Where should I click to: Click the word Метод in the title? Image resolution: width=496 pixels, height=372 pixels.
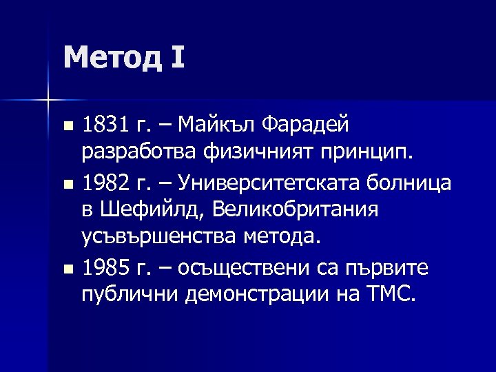(x=112, y=57)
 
